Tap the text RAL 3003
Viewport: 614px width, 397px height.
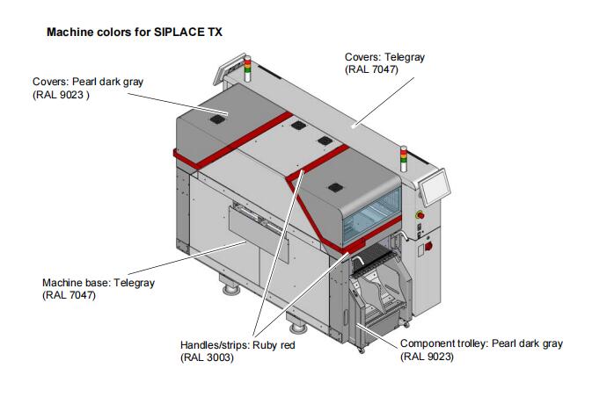click(208, 358)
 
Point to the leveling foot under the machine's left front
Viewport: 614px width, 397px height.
click(232, 286)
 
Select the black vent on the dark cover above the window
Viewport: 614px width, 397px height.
click(334, 186)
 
